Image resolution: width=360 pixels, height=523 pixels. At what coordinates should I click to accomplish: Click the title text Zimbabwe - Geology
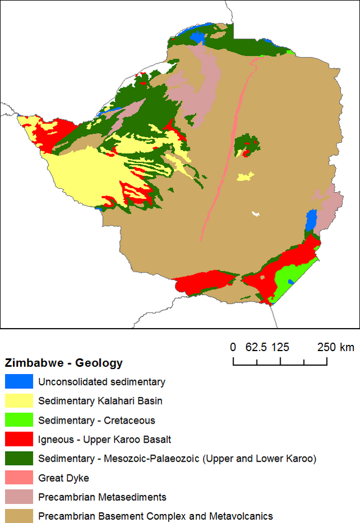point(64,363)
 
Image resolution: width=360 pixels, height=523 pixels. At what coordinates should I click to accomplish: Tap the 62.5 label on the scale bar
point(256,347)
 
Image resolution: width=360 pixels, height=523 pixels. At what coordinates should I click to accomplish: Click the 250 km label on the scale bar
point(335,347)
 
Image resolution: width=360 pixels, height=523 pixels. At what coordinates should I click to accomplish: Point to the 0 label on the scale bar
point(233,347)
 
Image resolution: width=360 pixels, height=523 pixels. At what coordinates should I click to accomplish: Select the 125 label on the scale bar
point(280,347)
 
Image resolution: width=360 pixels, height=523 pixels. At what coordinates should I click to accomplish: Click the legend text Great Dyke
point(63,477)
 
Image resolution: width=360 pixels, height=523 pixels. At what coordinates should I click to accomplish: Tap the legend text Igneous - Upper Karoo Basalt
point(105,439)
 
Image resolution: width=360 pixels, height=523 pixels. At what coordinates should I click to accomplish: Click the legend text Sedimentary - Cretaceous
point(97,420)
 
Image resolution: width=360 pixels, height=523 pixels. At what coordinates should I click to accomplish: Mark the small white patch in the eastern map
point(256,213)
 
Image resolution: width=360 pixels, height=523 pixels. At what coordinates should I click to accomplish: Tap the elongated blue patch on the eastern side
point(310,221)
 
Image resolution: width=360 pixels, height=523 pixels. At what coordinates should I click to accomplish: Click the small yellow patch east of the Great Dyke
point(245,177)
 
